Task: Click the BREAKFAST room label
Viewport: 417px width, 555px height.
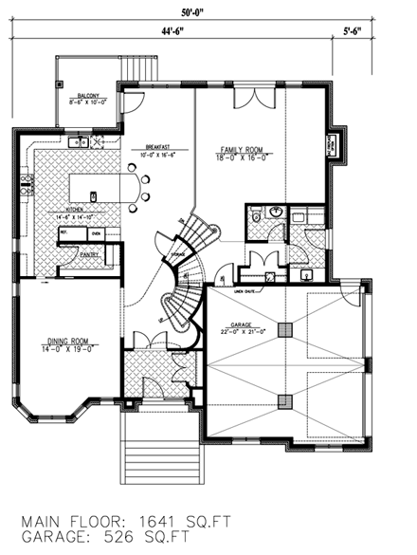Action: pos(157,149)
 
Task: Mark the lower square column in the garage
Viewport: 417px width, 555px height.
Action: pos(283,401)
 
